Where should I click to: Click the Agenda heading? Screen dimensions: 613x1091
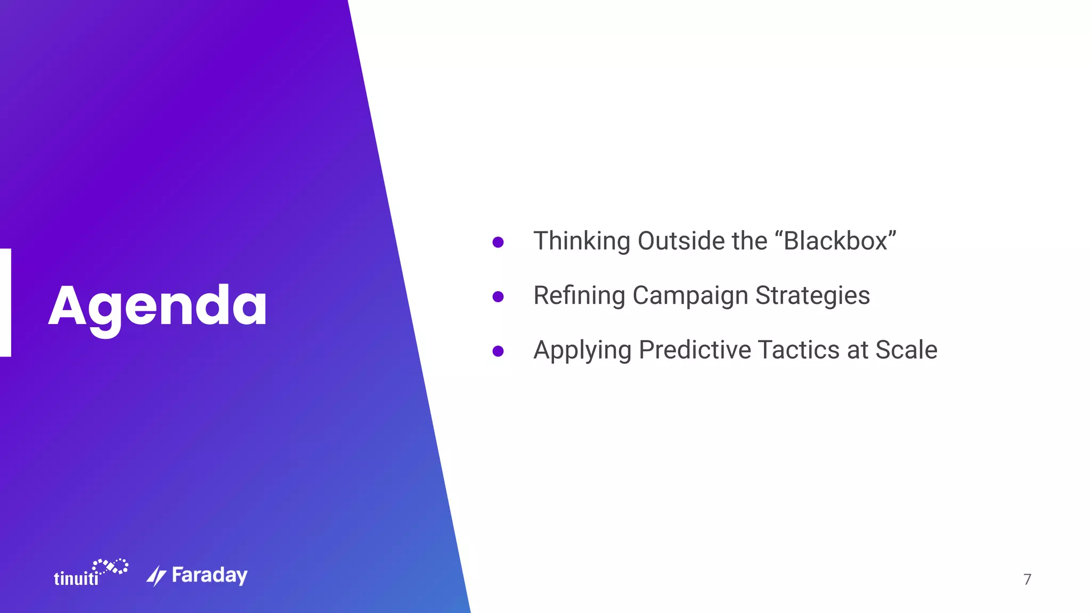click(x=158, y=306)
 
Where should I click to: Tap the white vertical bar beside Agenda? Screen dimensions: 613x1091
click(x=5, y=302)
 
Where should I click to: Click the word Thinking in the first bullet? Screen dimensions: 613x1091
click(x=582, y=241)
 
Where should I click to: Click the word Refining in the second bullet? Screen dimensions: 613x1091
click(x=579, y=296)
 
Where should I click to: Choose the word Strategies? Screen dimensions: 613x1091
click(x=812, y=296)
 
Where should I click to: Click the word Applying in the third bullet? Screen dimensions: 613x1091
click(x=582, y=351)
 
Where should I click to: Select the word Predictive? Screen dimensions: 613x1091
click(x=695, y=350)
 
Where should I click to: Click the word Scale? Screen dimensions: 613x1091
click(x=906, y=350)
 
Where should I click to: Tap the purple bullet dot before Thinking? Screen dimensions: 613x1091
click(x=498, y=243)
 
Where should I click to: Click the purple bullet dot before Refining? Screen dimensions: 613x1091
click(x=498, y=297)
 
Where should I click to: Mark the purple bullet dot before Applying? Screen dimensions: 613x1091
click(x=498, y=351)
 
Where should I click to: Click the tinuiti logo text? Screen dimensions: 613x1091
click(x=76, y=578)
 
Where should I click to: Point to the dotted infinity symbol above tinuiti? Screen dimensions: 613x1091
click(x=111, y=566)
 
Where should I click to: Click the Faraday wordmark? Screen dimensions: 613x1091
click(x=209, y=575)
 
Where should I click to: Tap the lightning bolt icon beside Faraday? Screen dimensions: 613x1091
click(x=156, y=576)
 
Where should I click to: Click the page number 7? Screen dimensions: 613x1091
click(x=1027, y=579)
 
